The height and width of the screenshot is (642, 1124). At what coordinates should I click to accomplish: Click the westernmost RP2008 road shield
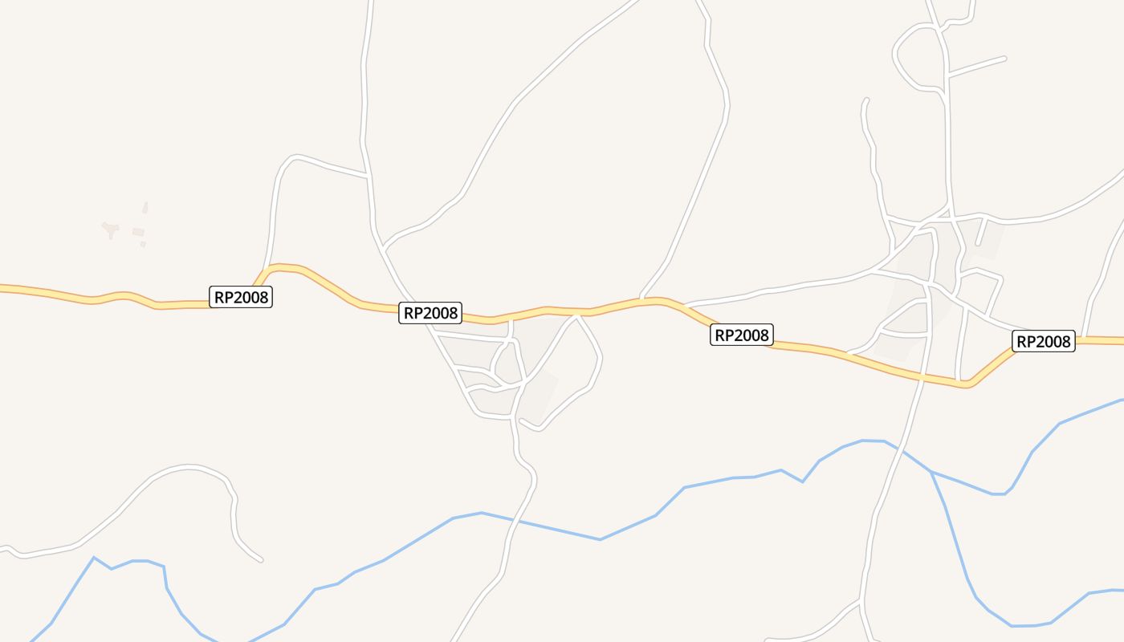(x=241, y=297)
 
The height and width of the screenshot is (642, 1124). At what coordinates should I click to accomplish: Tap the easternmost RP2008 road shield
(x=1044, y=342)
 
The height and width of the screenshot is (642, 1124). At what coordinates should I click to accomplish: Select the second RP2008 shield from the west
(x=430, y=313)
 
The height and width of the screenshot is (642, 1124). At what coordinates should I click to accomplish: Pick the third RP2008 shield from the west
(x=741, y=335)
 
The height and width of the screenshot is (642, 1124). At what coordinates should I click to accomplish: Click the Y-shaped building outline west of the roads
(x=111, y=230)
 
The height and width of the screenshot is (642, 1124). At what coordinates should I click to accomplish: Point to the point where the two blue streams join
(x=931, y=471)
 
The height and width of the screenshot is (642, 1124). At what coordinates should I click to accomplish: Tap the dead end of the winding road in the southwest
(x=261, y=559)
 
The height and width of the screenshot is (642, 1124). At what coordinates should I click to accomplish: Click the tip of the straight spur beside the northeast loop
(x=1004, y=58)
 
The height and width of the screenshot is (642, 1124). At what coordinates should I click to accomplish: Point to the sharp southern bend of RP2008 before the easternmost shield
(x=969, y=385)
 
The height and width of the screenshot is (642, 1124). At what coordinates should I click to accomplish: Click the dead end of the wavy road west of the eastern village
(x=865, y=100)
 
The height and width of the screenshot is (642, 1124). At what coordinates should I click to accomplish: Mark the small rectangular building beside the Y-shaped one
(x=138, y=232)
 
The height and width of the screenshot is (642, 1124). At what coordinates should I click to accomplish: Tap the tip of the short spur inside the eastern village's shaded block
(x=977, y=244)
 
